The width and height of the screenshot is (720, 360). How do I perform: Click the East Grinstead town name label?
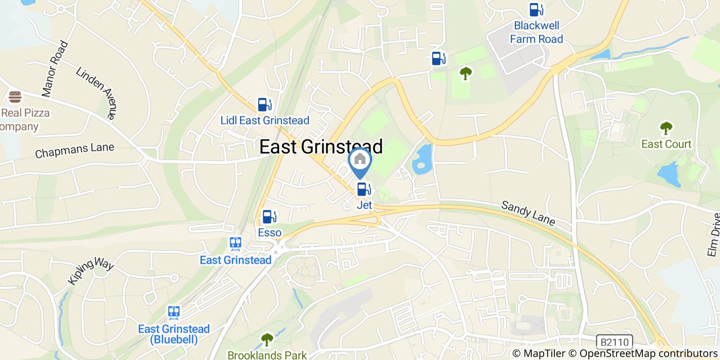coord(321,147)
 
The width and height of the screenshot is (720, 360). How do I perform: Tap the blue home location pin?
coord(360,161)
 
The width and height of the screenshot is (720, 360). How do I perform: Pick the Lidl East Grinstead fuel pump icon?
coord(265,105)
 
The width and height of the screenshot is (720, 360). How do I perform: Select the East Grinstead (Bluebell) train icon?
coord(174,313)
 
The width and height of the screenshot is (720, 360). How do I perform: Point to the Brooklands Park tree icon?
coord(267,339)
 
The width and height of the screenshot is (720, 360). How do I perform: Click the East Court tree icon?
coord(666,128)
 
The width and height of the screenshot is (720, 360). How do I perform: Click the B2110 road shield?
coord(615,341)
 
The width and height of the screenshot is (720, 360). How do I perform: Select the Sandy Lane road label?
coord(528,213)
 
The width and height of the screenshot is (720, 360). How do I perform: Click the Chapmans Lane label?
coord(75,151)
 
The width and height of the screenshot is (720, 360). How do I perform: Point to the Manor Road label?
coord(55,69)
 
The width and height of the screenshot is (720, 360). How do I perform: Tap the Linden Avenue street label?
coord(96,93)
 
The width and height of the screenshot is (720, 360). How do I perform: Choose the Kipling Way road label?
coord(90,273)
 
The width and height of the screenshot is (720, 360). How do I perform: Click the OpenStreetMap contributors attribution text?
coord(649,354)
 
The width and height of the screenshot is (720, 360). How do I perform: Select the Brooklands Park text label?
coord(267,355)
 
